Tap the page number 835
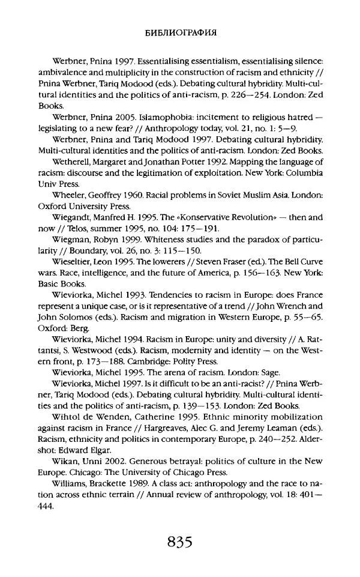point(180,543)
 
